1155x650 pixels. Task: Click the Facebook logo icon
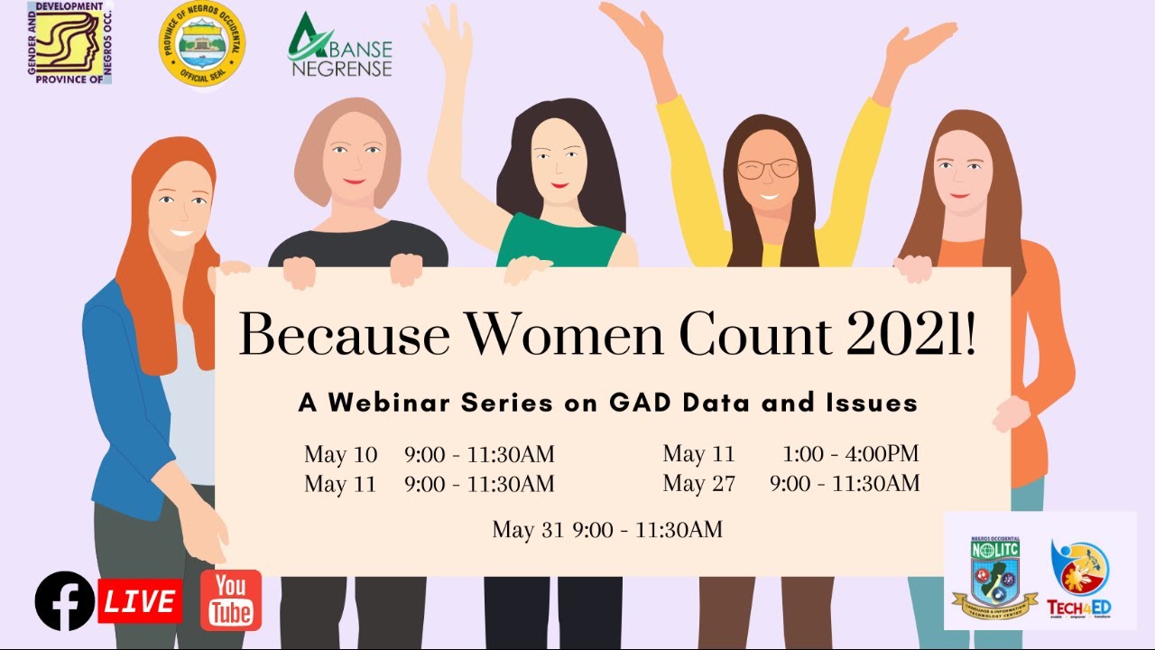click(x=64, y=601)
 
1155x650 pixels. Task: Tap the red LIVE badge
click(x=140, y=601)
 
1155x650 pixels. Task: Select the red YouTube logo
click(x=231, y=600)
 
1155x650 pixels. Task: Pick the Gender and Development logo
click(x=69, y=43)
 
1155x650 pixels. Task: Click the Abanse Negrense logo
click(x=340, y=45)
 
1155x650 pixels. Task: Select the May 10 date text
click(x=340, y=454)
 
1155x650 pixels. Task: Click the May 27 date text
click(x=698, y=484)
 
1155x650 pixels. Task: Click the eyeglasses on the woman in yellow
click(x=767, y=169)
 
